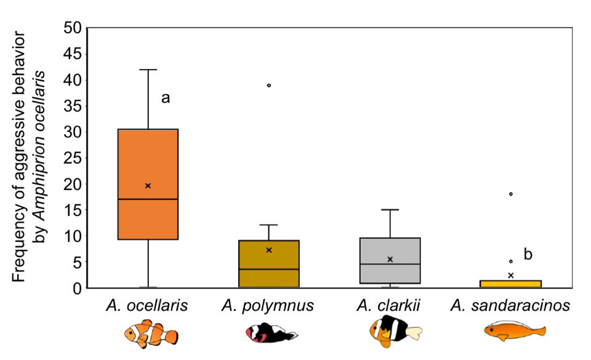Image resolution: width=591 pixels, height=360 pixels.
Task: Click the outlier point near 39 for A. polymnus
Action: coord(269,85)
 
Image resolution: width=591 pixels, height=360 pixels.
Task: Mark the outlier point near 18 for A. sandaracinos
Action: coord(511,194)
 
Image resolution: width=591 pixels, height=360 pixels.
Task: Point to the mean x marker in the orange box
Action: coord(148,185)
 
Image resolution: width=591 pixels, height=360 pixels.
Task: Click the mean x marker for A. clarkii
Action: coord(390,259)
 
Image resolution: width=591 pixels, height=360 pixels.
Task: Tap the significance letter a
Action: coord(165,98)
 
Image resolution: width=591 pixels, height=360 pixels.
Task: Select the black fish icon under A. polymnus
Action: coord(271,334)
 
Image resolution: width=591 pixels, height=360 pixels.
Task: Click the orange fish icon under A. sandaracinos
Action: coord(514,332)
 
